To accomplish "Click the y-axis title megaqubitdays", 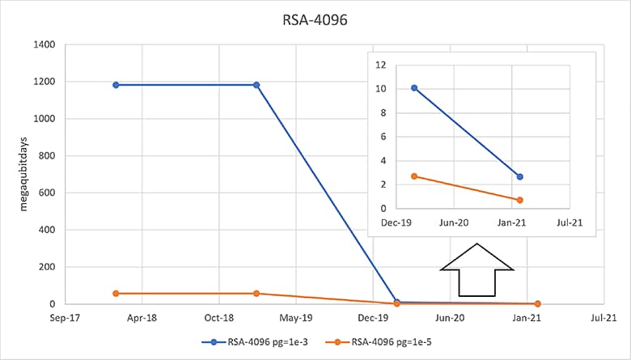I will click(x=25, y=173).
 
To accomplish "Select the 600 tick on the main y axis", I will click(x=46, y=193).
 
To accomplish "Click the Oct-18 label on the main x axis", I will click(x=218, y=318).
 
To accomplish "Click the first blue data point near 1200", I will click(x=116, y=85).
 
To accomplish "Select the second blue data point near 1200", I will click(x=256, y=85).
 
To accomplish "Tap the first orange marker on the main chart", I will click(x=116, y=293).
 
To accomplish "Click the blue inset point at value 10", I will click(x=414, y=88).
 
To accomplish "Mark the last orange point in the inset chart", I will click(x=520, y=200).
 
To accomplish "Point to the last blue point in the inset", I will click(x=520, y=176).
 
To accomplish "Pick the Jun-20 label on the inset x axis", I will click(x=453, y=222).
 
